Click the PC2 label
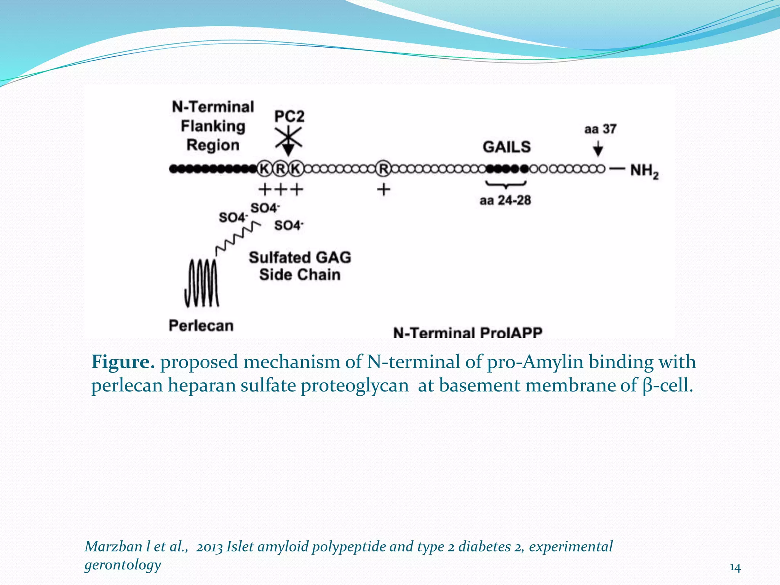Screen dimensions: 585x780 (x=289, y=116)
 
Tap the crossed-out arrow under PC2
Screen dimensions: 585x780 (x=288, y=139)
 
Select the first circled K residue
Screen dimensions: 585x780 (x=264, y=169)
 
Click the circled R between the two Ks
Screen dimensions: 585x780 (x=280, y=169)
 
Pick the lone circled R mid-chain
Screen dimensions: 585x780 (x=384, y=169)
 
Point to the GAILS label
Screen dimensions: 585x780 (x=507, y=147)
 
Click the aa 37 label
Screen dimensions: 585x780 (x=600, y=129)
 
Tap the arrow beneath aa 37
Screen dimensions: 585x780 (x=598, y=149)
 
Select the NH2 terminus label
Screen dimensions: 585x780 (x=644, y=171)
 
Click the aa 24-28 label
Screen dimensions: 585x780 (x=505, y=200)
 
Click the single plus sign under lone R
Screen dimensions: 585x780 (x=384, y=189)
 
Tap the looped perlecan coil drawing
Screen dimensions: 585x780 (x=201, y=283)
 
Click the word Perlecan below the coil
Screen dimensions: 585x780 (x=201, y=326)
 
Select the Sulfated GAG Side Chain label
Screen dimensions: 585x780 (x=300, y=266)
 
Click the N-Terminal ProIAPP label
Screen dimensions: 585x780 (x=468, y=333)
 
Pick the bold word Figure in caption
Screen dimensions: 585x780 (x=123, y=362)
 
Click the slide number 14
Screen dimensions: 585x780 (x=735, y=568)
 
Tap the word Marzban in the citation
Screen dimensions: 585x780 (x=113, y=547)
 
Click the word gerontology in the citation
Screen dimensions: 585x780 (x=123, y=565)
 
